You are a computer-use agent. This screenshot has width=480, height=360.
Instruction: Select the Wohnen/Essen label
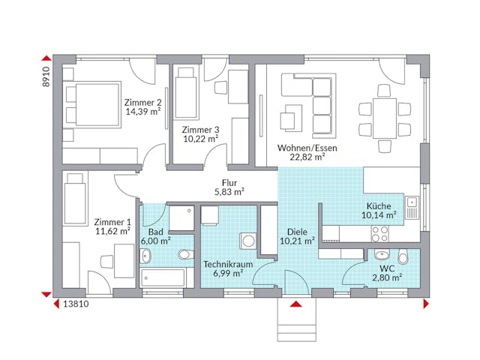[x=307, y=148]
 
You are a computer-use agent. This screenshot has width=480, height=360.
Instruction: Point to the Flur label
[x=230, y=182]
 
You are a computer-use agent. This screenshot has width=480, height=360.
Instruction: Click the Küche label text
[x=378, y=207]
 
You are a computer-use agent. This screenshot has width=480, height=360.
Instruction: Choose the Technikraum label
[x=226, y=264]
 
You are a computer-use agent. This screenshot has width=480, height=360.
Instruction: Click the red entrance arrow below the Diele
[x=295, y=304]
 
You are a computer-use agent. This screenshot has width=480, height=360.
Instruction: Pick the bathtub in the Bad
[x=162, y=278]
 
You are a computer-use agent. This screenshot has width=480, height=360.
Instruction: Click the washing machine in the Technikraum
[x=247, y=241]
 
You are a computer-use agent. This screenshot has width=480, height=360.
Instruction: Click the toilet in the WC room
[x=403, y=258]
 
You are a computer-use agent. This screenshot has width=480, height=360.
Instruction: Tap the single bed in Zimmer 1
[x=75, y=198]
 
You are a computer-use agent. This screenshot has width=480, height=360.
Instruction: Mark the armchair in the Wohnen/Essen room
[x=289, y=118]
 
